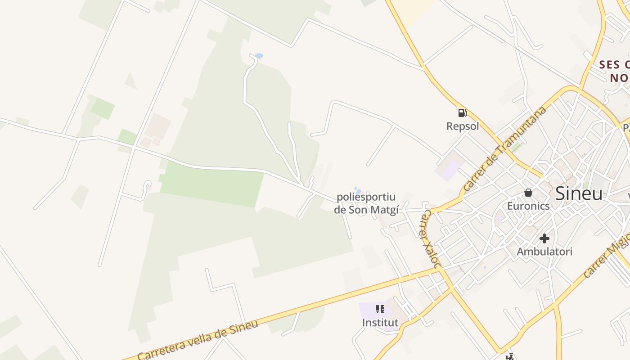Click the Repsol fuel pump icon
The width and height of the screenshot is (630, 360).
click(x=462, y=113)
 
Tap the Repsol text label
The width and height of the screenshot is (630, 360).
click(x=463, y=126)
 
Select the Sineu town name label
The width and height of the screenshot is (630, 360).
click(x=579, y=193)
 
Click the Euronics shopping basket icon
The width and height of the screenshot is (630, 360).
click(x=528, y=193)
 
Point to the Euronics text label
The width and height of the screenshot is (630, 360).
click(x=528, y=206)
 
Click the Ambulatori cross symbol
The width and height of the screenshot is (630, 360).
click(x=544, y=238)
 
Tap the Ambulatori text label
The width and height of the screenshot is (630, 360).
click(x=544, y=252)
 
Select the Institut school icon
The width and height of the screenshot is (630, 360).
click(x=380, y=309)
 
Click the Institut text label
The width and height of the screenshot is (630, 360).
click(x=380, y=323)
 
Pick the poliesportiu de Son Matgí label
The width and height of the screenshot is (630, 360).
click(x=366, y=203)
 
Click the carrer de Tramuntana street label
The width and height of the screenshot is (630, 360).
click(x=505, y=148)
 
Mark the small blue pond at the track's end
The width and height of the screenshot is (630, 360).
click(x=258, y=56)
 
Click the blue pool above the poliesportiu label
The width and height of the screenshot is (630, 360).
click(x=357, y=190)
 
